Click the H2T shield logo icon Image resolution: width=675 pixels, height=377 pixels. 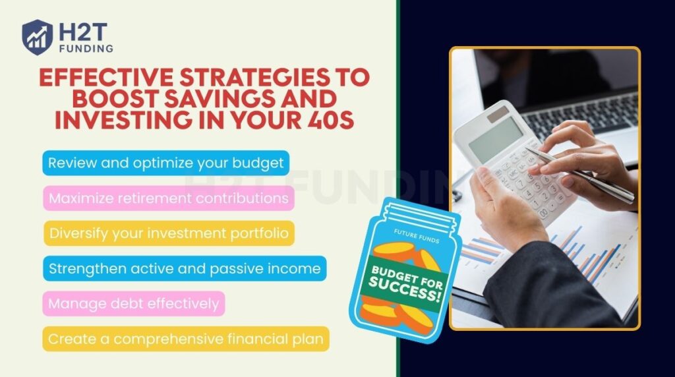tap(38, 36)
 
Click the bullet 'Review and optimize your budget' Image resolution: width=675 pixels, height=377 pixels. tap(166, 163)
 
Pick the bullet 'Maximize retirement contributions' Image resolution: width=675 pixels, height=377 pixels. tap(168, 198)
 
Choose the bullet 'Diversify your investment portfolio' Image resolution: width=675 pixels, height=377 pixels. tap(168, 233)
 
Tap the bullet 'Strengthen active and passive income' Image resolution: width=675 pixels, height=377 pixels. tap(185, 268)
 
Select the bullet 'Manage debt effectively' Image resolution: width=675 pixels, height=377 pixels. tap(134, 304)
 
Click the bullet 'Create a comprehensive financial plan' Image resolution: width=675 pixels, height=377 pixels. tap(186, 339)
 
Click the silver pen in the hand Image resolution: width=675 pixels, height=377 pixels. tap(580, 175)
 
